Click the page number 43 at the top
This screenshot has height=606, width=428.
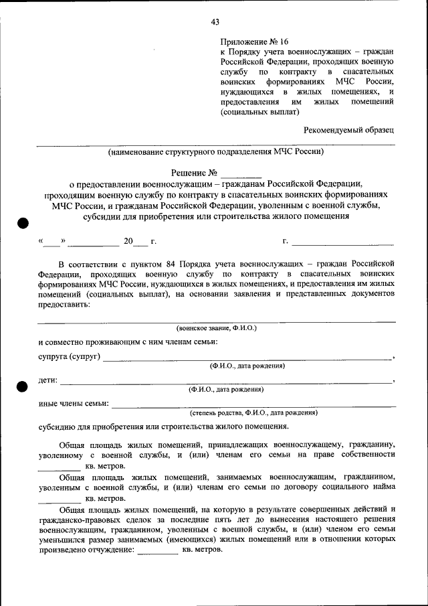215,21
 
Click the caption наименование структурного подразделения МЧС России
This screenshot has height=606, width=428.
216,152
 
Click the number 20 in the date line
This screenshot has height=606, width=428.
128,240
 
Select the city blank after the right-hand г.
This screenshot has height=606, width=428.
342,242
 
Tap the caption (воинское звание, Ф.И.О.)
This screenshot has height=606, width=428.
216,328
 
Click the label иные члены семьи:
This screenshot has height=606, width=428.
74,404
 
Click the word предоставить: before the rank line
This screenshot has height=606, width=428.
64,303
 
